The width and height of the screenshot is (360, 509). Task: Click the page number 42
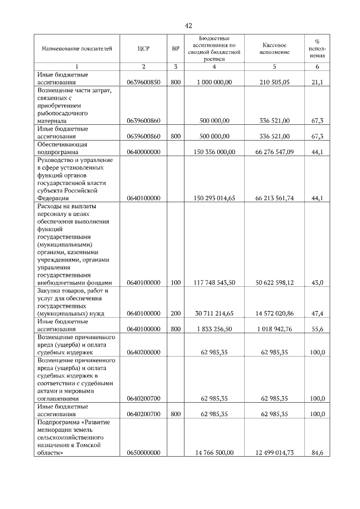[188, 25]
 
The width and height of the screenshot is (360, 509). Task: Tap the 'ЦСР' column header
[143, 48]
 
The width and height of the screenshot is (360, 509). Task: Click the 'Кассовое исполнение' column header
[275, 48]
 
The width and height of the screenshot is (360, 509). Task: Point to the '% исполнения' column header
[317, 48]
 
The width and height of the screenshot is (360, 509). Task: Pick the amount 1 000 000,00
[214, 82]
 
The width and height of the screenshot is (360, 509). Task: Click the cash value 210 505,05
[275, 82]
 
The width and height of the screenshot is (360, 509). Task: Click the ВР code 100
[175, 282]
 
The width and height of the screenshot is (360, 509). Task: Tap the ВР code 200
[175, 313]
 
